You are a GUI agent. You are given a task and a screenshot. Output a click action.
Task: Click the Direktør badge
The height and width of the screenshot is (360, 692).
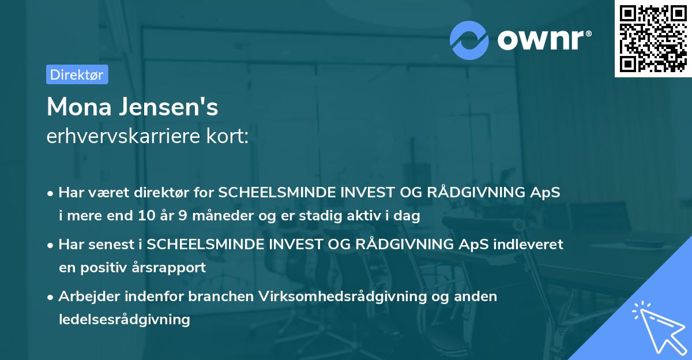click(x=77, y=74)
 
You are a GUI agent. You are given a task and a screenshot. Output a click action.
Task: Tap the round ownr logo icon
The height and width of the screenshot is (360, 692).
click(x=469, y=40)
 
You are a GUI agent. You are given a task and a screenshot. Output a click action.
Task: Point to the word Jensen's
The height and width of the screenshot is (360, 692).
click(x=172, y=107)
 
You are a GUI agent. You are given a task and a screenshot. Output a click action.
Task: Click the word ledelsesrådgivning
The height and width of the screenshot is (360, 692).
click(x=124, y=319)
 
